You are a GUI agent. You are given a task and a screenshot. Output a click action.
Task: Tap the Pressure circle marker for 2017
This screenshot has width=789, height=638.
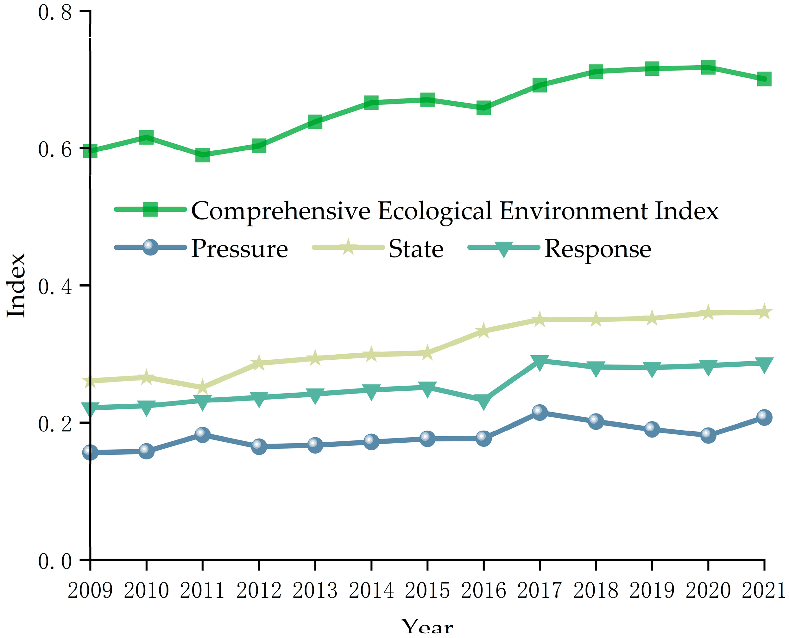tap(540, 412)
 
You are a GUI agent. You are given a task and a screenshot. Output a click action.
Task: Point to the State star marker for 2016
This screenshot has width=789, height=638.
tap(483, 331)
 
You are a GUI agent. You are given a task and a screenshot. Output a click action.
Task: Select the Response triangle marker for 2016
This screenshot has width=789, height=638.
tap(483, 401)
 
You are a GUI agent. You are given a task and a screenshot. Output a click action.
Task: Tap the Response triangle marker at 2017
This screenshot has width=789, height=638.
tap(540, 362)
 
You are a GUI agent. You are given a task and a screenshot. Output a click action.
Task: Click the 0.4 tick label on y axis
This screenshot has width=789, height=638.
tap(55, 287)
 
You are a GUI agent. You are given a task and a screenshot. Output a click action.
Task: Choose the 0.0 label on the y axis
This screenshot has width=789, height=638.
tap(55, 562)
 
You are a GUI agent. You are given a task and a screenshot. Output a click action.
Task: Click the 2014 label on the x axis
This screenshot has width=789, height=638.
tap(371, 591)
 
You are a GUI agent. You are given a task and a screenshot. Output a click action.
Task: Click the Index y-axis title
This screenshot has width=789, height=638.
tap(16, 286)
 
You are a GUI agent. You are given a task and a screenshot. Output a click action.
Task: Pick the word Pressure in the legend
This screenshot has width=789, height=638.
tap(239, 249)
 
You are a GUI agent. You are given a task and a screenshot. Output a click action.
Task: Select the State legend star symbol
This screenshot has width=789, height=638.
tap(348, 247)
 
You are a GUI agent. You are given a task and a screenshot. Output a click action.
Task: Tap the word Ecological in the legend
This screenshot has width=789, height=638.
tap(435, 211)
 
